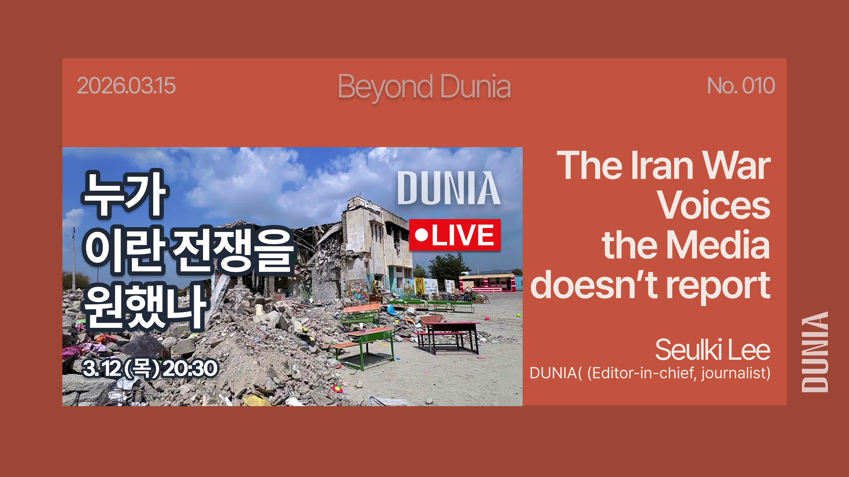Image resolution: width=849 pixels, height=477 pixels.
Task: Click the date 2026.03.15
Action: tap(126, 86)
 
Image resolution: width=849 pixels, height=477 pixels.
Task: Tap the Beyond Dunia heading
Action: tap(424, 87)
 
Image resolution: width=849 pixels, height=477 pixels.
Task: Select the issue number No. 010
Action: tap(741, 86)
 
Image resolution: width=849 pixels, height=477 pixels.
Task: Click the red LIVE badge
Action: tap(455, 235)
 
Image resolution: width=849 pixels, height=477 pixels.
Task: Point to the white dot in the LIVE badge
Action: tap(422, 234)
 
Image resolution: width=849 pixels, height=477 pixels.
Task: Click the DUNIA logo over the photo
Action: tap(449, 188)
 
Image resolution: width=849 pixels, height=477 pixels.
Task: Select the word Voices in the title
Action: tap(714, 206)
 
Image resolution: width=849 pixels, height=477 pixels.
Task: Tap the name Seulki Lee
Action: tap(712, 350)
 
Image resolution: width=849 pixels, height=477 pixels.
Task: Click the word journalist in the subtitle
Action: tap(735, 373)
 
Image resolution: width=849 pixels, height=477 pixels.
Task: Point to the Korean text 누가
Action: tap(124, 194)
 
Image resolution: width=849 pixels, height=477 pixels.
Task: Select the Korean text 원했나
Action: tap(144, 306)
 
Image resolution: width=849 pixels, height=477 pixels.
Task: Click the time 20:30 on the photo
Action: tap(190, 368)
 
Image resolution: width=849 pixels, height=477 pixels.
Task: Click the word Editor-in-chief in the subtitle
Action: tap(642, 373)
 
